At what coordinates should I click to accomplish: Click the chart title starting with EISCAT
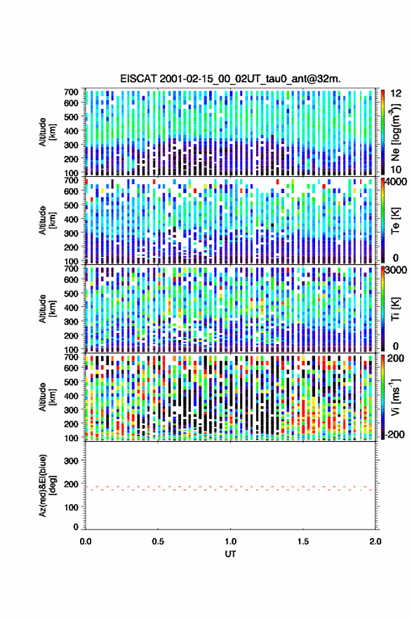[230, 79]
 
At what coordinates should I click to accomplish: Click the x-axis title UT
[230, 554]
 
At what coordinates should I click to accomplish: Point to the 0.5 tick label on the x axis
[158, 541]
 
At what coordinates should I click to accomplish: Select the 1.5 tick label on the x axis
[303, 541]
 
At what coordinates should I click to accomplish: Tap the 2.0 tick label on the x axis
[376, 541]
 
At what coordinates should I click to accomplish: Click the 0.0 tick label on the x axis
[86, 541]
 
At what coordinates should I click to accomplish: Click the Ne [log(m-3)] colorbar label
[395, 132]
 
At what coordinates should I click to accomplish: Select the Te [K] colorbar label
[395, 221]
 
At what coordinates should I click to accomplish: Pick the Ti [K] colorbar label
[395, 308]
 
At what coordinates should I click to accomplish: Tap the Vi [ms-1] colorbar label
[395, 397]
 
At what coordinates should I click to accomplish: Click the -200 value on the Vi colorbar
[393, 434]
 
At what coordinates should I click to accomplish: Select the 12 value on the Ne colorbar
[396, 93]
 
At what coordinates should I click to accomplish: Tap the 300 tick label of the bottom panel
[72, 461]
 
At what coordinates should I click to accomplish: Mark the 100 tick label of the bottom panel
[72, 507]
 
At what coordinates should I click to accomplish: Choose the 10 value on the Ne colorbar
[396, 169]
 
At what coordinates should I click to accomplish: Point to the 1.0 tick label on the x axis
[230, 541]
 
